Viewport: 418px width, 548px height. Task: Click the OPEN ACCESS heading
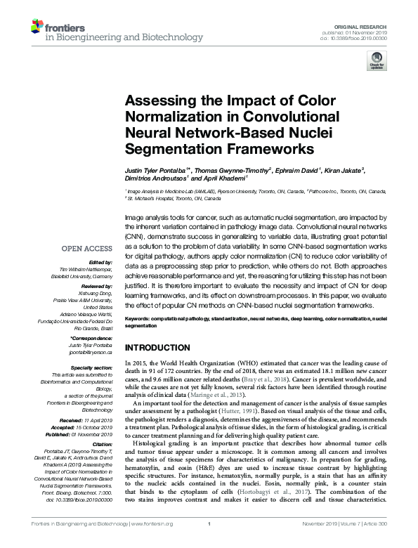(87, 249)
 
